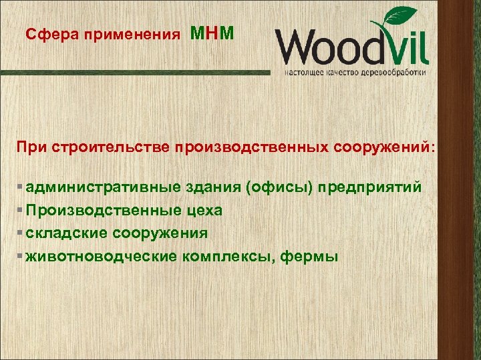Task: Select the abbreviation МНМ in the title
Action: point(212,33)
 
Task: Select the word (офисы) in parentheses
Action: point(280,187)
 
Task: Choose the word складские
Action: point(63,233)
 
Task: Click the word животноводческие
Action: point(100,255)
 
